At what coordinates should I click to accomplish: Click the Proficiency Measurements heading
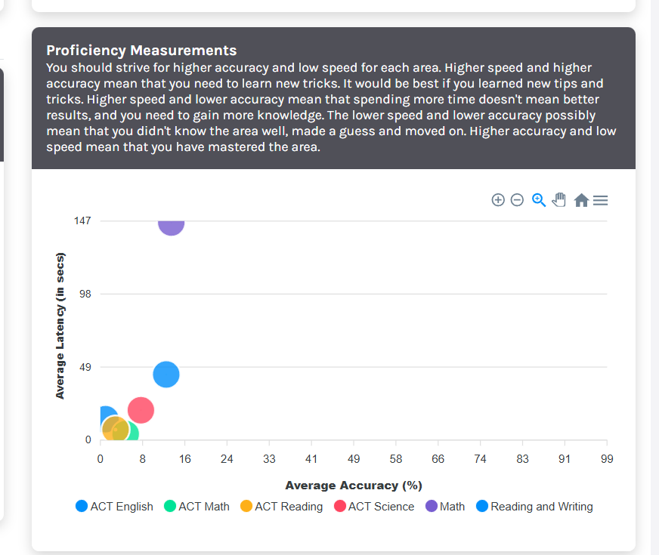click(x=141, y=51)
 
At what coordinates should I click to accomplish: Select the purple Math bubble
click(x=172, y=224)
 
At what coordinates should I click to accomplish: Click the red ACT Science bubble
click(x=141, y=410)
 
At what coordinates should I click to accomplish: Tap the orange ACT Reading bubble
click(x=115, y=429)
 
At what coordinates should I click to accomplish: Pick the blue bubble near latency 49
click(x=166, y=374)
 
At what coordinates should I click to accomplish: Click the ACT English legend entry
click(x=115, y=507)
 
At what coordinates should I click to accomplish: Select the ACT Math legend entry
click(x=197, y=507)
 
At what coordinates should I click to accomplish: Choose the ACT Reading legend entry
click(x=281, y=507)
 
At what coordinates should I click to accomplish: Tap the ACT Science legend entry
click(x=374, y=507)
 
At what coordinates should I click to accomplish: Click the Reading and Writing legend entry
click(x=534, y=507)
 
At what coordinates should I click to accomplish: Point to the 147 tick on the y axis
click(x=82, y=220)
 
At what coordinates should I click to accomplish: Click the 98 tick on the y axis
click(x=85, y=294)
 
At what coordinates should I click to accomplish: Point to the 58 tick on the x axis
click(x=395, y=459)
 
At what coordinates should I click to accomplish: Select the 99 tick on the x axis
click(x=606, y=459)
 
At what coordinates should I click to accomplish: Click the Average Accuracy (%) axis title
click(x=353, y=485)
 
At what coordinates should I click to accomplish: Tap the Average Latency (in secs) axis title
click(x=60, y=325)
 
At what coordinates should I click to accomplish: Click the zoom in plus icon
click(x=498, y=200)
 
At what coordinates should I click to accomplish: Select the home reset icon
click(x=580, y=200)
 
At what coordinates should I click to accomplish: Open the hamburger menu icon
click(x=601, y=200)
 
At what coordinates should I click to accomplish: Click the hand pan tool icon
click(x=559, y=200)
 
